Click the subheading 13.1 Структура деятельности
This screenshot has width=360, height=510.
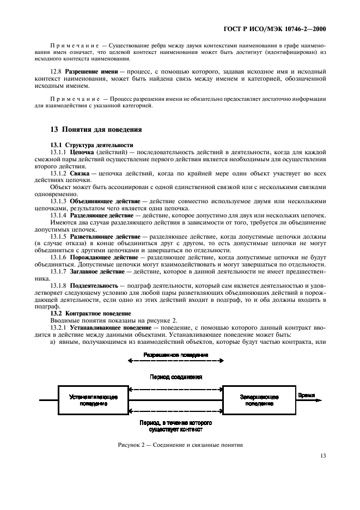coord(91,145)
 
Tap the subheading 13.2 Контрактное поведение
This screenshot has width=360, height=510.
coord(90,314)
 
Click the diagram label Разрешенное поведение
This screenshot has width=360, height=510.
coord(175,355)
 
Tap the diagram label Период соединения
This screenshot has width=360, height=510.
coord(175,377)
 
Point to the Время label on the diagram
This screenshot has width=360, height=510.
coord(307,396)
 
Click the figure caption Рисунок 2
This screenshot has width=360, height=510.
coord(180,445)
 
